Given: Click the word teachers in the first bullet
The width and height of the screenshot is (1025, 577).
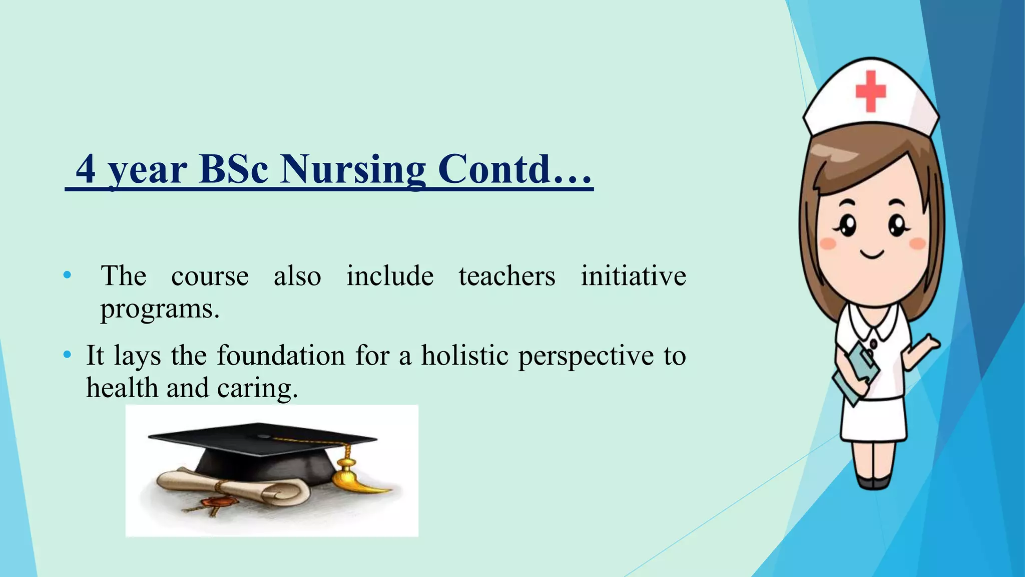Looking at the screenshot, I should [506, 276].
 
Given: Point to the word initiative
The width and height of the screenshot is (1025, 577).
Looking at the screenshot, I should [633, 276].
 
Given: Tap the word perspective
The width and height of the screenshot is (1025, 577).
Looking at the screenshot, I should [586, 357].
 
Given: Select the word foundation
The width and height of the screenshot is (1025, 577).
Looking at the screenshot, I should [281, 356].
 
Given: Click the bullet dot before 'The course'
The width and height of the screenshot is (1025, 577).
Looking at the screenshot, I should [67, 275].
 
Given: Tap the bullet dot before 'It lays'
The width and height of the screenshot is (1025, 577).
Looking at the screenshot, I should [67, 356].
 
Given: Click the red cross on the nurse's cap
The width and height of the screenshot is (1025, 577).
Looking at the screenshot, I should [870, 91].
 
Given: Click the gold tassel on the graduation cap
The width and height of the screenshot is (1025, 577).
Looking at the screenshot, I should [350, 476].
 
